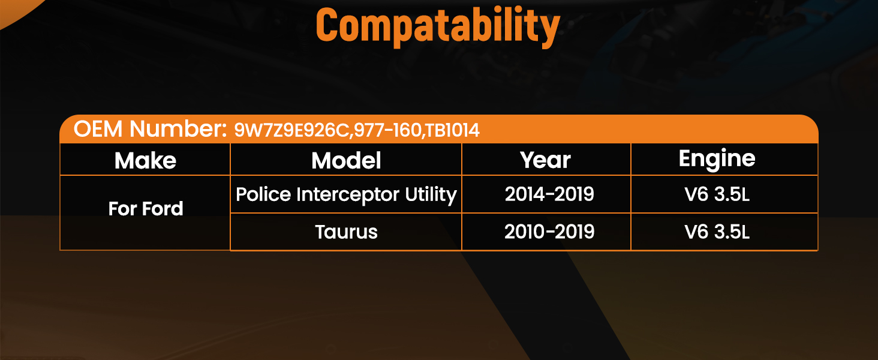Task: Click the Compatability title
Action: [438, 26]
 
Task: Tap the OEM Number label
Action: [150, 128]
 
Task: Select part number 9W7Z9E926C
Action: [291, 130]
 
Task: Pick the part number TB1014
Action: [452, 130]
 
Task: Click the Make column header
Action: [145, 160]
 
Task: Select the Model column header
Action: [346, 160]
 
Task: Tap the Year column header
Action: [545, 160]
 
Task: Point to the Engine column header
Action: [717, 159]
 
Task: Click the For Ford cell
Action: [146, 209]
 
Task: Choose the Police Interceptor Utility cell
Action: [347, 195]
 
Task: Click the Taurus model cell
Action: [347, 232]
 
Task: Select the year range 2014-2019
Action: [549, 194]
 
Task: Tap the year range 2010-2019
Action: [549, 232]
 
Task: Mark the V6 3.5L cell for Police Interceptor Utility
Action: [717, 194]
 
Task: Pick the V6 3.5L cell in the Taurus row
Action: [717, 232]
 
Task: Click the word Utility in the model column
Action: [431, 195]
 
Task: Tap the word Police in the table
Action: [263, 194]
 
